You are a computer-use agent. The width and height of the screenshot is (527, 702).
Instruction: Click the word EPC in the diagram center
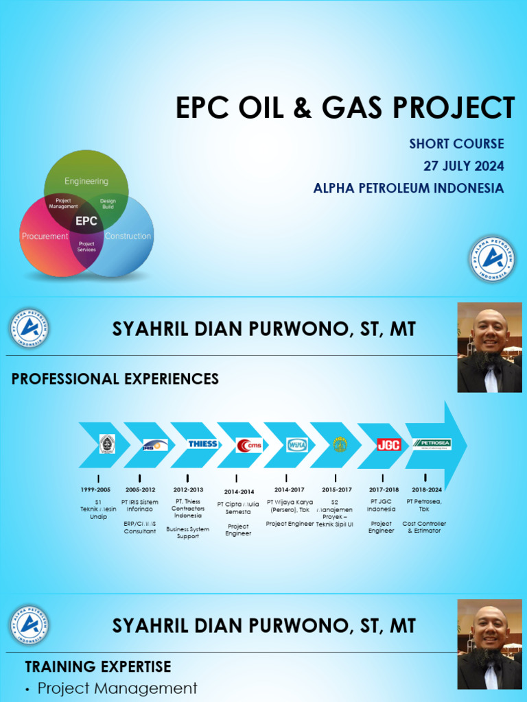86,221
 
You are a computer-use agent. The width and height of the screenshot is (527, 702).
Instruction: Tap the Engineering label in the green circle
86,181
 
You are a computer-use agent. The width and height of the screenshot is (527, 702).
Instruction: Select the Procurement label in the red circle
45,237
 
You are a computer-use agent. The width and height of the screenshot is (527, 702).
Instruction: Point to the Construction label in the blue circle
128,237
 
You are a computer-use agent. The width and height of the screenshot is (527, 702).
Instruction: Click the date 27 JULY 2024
464,166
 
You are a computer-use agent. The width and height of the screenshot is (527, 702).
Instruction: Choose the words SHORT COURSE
456,144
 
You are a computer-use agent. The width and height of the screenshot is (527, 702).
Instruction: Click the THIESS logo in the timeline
202,444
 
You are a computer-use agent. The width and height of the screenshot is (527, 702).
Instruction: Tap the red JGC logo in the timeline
388,444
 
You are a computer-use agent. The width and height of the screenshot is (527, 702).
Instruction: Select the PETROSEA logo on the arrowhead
432,444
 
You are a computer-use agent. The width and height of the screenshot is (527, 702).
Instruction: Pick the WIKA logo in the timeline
296,444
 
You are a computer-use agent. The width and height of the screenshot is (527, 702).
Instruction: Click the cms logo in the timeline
248,445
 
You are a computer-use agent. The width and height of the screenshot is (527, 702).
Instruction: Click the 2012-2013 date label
187,490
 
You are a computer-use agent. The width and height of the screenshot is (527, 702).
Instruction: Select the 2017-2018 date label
383,490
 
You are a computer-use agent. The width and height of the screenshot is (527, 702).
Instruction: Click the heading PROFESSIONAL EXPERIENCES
115,379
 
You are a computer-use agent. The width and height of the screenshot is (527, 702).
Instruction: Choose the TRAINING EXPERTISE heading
98,666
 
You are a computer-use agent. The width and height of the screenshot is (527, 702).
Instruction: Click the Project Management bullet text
117,688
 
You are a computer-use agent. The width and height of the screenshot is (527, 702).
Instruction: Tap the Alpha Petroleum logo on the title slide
493,260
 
